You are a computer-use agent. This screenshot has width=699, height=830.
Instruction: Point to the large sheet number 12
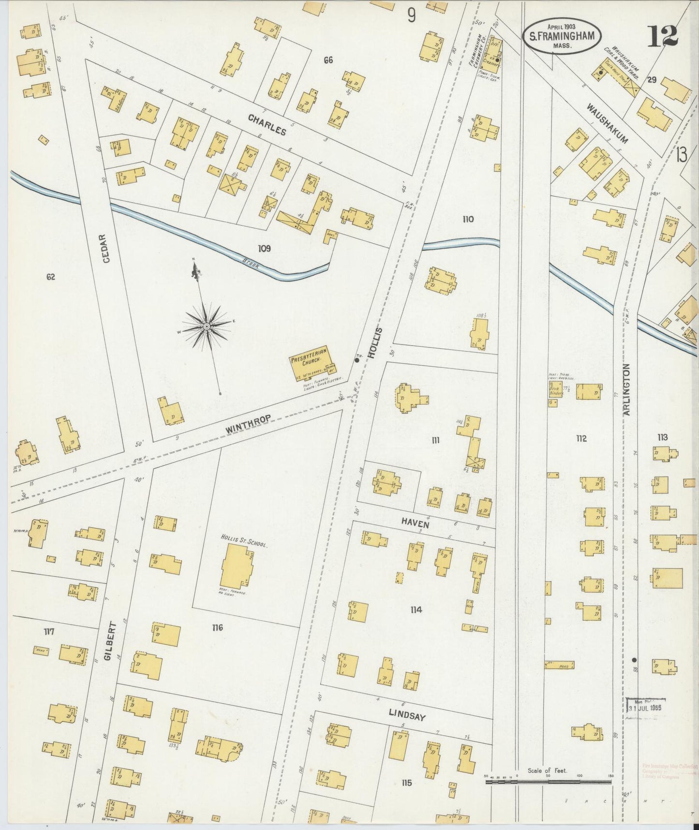pos(663,36)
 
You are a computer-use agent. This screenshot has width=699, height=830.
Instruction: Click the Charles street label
pos(268,124)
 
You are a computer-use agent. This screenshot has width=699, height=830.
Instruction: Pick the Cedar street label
pos(107,248)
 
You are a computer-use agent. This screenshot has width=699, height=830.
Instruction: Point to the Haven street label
pos(415,522)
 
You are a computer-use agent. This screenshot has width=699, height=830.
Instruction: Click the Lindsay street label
pos(407,713)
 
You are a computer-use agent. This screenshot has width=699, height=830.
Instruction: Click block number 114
pos(416,610)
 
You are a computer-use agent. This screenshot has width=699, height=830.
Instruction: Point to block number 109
pos(264,249)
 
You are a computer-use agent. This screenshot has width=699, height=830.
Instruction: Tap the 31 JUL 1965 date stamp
pos(645,707)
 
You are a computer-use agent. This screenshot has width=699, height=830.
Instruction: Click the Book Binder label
pos(556,390)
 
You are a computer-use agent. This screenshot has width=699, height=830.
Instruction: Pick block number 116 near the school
pos(217,628)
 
